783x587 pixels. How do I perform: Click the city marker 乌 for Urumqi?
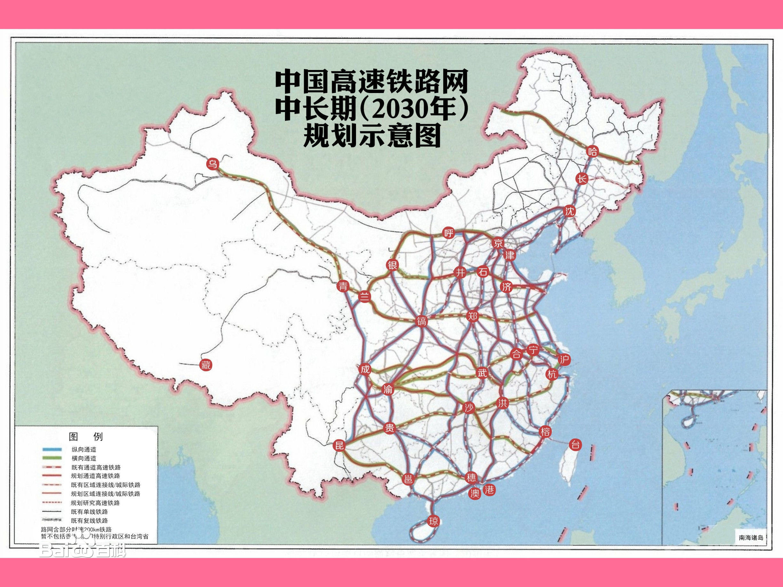click(x=212, y=164)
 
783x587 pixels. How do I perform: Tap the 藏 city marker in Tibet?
click(x=206, y=365)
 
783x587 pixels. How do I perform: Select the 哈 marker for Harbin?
click(x=592, y=152)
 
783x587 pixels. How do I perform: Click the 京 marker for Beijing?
click(x=498, y=243)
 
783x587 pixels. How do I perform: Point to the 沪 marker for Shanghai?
click(x=564, y=359)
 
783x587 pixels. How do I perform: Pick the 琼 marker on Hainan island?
click(x=433, y=521)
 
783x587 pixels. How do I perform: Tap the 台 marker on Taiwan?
click(x=575, y=444)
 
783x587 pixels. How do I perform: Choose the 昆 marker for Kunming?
click(x=339, y=445)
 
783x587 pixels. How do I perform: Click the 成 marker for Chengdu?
click(x=365, y=369)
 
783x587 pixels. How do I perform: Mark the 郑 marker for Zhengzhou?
click(x=472, y=316)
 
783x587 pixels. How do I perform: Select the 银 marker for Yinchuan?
click(x=392, y=265)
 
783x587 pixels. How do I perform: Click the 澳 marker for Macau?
click(x=474, y=493)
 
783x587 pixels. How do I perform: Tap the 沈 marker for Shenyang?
click(x=570, y=211)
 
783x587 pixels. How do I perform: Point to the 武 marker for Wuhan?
click(x=482, y=373)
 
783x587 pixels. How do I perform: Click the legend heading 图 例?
click(x=86, y=437)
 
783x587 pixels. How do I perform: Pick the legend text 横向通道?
click(x=83, y=458)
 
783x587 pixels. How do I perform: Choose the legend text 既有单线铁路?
click(x=89, y=512)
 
